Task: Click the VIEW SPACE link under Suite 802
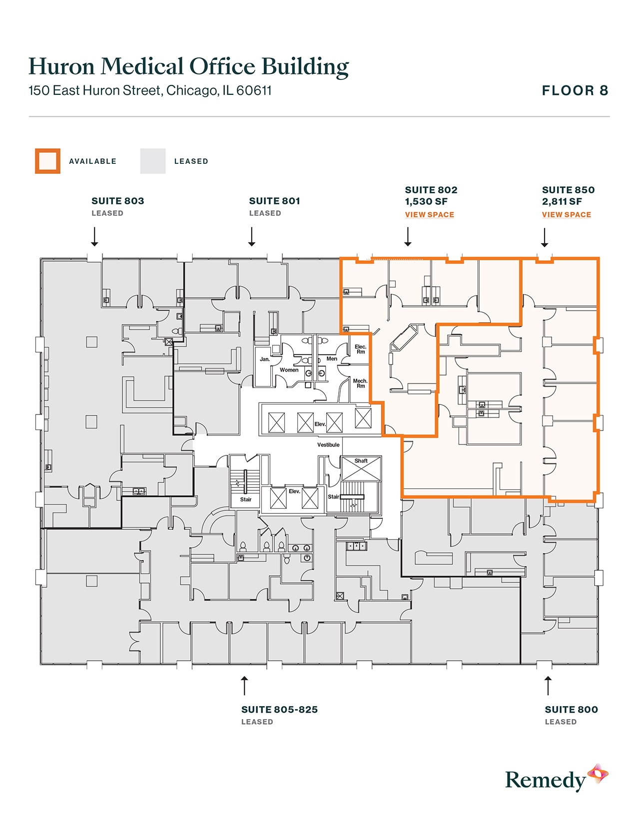tap(429, 215)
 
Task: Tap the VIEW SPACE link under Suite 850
tap(566, 215)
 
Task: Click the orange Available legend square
tap(47, 161)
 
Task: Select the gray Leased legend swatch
tap(152, 161)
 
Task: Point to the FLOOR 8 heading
tap(575, 91)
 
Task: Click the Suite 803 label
tap(117, 201)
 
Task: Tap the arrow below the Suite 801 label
tap(252, 237)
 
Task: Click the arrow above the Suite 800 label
tap(548, 686)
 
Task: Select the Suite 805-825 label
tap(279, 710)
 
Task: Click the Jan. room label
tap(265, 359)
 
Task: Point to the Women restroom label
tap(289, 370)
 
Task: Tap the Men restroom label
tap(332, 359)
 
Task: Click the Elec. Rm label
tap(360, 349)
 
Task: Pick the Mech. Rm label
tap(360, 383)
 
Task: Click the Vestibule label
tap(328, 444)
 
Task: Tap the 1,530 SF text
tap(426, 202)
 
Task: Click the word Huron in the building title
tap(61, 67)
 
